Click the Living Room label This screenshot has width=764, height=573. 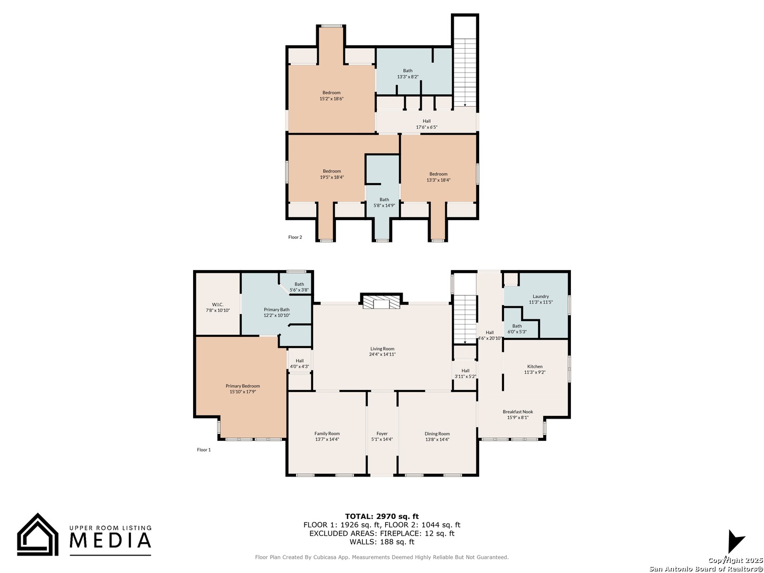382,349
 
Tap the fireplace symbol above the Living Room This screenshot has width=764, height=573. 381,301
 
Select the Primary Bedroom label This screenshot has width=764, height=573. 242,386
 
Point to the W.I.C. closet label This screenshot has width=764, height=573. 218,305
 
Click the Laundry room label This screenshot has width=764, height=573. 541,297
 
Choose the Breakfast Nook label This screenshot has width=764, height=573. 518,412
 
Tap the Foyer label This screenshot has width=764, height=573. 382,433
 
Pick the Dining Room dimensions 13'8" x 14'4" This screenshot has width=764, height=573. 437,439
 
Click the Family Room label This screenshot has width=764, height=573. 327,433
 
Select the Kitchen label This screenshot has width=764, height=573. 535,366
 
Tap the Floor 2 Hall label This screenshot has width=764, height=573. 427,121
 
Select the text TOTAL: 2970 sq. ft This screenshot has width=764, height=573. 382,516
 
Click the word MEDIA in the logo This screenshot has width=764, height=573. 110,540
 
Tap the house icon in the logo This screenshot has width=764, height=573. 38,535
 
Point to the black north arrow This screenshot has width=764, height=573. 735,541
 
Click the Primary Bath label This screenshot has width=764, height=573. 276,310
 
